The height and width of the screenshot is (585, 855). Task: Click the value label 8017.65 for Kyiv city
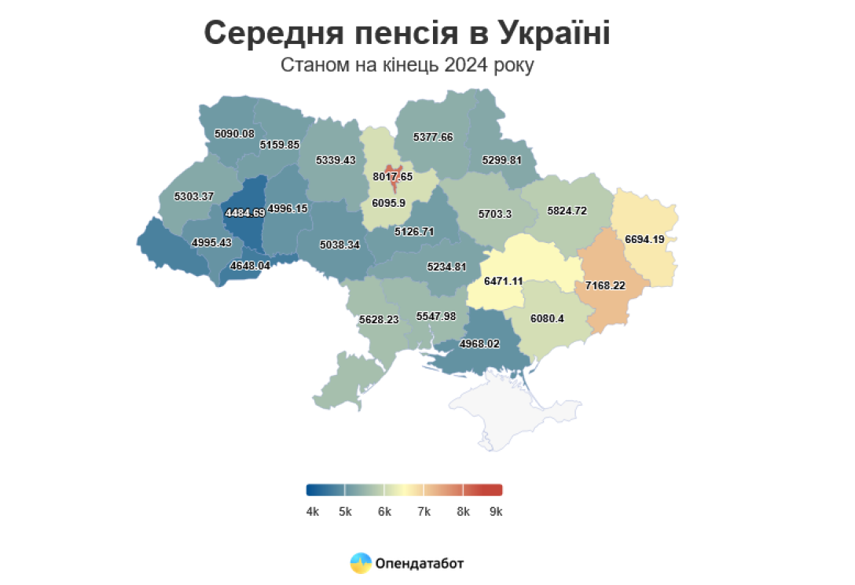click(x=393, y=176)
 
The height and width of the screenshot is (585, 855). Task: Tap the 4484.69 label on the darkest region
click(x=244, y=213)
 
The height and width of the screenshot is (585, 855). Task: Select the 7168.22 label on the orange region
click(x=605, y=285)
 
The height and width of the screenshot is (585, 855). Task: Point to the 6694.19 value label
click(x=651, y=239)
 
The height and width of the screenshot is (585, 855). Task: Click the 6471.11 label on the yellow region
click(x=504, y=281)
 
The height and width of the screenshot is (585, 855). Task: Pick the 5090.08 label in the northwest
click(x=234, y=134)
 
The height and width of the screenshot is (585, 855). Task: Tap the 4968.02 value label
click(x=479, y=344)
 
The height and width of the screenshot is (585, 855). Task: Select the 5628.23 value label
click(x=379, y=320)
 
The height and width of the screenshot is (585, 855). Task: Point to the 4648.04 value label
click(x=250, y=266)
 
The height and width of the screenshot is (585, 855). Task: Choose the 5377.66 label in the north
click(x=433, y=137)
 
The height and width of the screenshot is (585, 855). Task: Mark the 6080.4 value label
click(x=547, y=319)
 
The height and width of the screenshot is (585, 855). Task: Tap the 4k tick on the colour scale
click(x=312, y=512)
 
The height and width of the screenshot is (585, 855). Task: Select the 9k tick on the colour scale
click(x=495, y=512)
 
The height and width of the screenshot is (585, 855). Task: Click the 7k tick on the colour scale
click(x=424, y=512)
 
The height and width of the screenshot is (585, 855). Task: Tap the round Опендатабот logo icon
click(x=361, y=563)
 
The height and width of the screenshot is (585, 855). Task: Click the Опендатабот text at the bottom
click(x=420, y=564)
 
